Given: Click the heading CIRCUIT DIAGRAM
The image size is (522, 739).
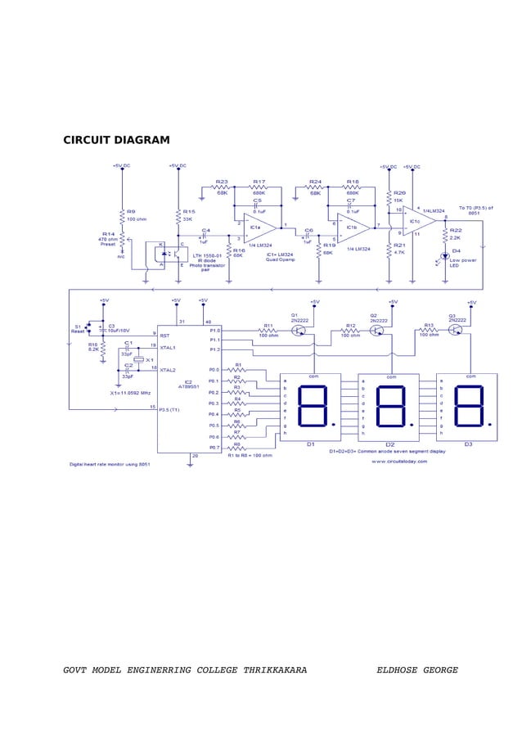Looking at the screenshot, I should (x=116, y=140).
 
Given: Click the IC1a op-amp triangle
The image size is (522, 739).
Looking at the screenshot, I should (x=258, y=228).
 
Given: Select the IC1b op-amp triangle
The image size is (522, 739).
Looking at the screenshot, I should (x=353, y=228).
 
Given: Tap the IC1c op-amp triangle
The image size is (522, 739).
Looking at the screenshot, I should (x=416, y=222).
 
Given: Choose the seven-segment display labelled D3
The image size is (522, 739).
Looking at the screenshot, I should (x=466, y=407).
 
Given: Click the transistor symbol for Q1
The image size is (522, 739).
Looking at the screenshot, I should (x=299, y=331).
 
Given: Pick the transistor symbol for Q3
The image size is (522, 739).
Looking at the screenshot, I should (x=456, y=330).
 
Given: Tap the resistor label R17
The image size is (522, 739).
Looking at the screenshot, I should (x=259, y=182).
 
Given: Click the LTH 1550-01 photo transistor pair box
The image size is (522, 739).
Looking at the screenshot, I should (x=165, y=254).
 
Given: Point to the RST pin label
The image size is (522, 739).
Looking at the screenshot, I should (x=164, y=335).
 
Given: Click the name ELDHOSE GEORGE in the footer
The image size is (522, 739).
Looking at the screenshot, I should (x=417, y=670).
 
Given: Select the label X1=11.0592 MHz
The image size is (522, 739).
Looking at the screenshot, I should (x=129, y=392).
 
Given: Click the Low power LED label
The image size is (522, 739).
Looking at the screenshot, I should (x=463, y=263).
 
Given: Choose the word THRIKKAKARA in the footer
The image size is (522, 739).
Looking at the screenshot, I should (x=275, y=670).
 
